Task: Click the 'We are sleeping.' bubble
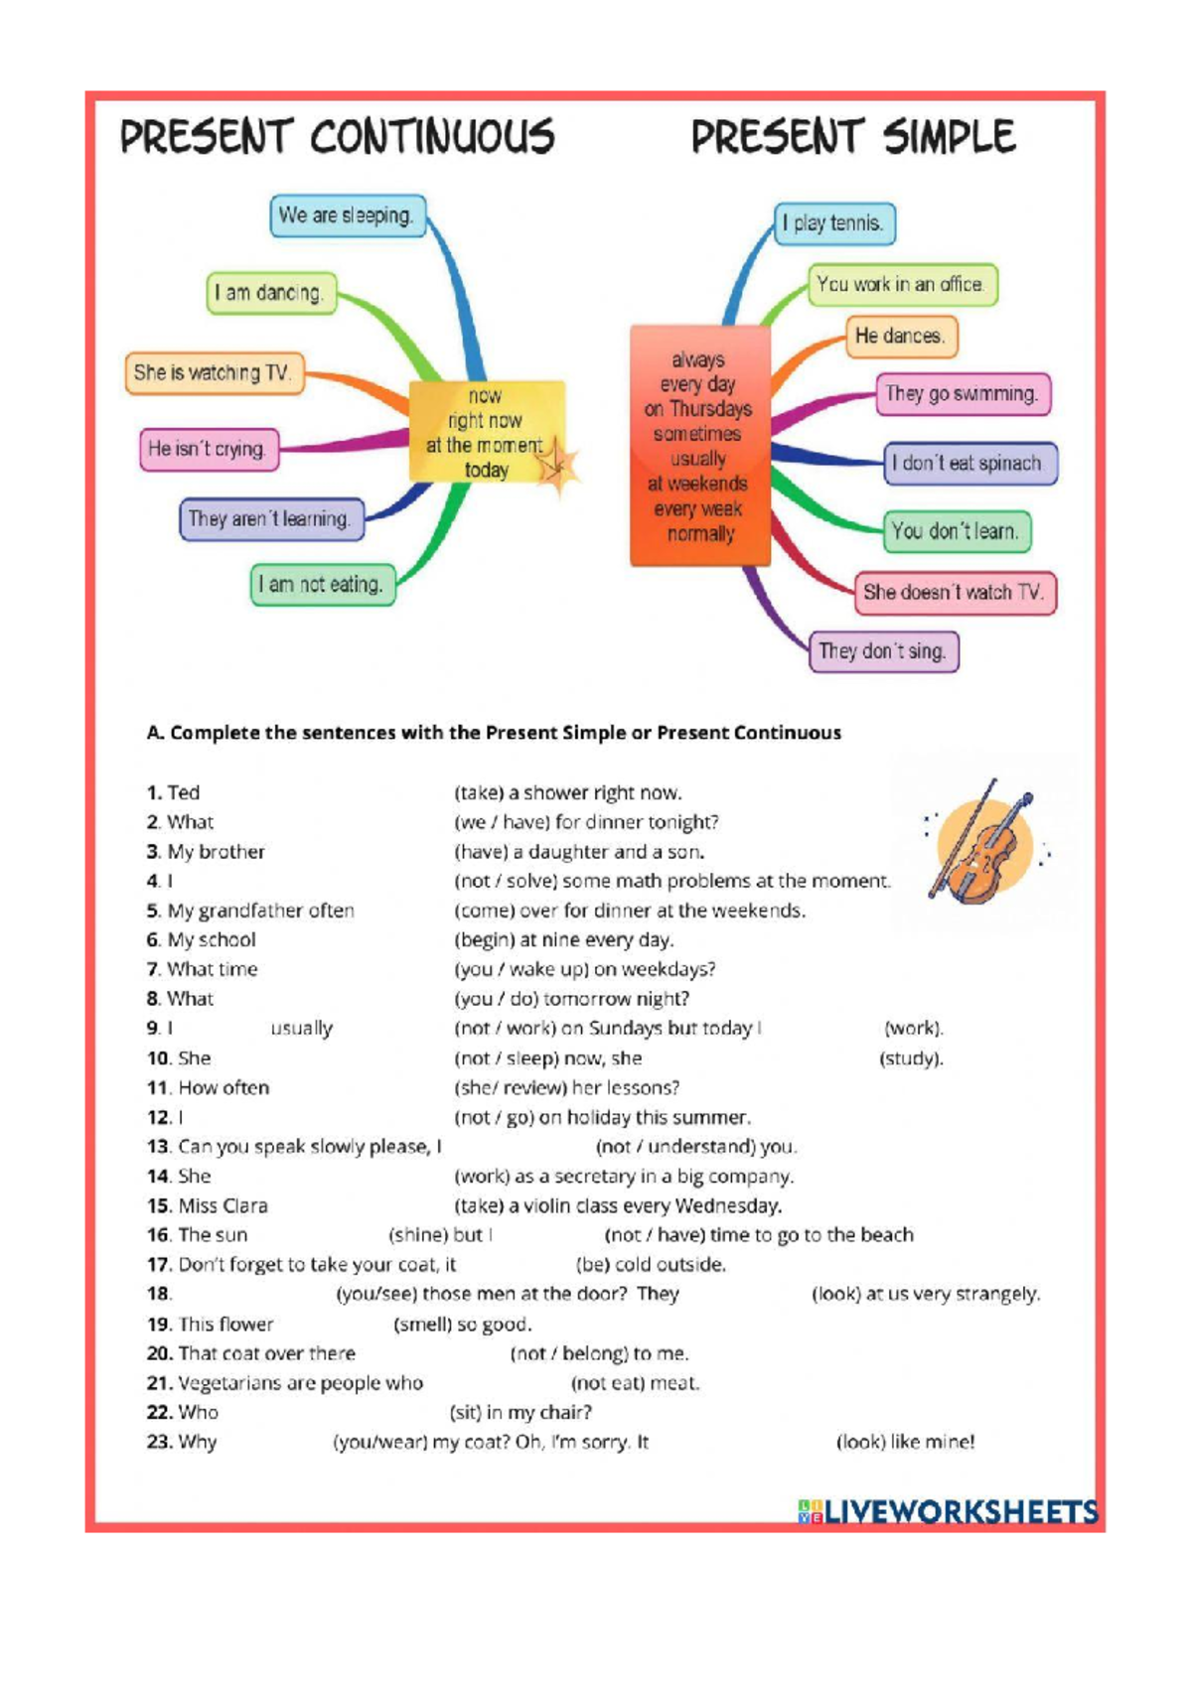349,215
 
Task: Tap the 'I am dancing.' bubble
271,293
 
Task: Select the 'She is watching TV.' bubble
216,373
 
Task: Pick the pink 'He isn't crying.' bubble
209,450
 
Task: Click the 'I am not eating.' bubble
323,585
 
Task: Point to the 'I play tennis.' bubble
834,224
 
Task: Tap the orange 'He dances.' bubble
902,336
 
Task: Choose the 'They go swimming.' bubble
964,395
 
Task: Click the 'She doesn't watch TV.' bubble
956,593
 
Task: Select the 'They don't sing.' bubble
884,651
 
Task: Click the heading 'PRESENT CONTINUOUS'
338,137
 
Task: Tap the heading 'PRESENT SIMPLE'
853,137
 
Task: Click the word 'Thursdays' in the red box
710,409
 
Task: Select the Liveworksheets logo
949,1512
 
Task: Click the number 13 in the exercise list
159,1147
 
